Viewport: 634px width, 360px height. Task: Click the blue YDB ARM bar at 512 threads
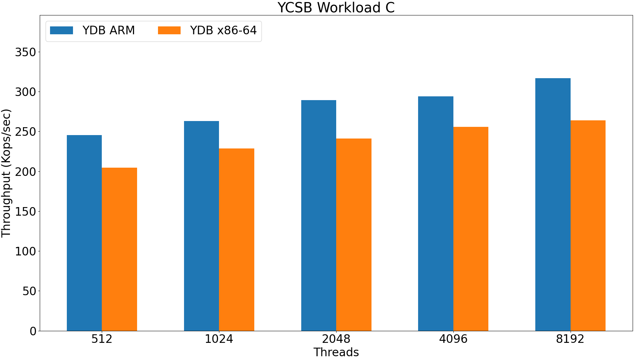(x=84, y=233)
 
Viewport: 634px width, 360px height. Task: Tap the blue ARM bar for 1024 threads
(x=202, y=226)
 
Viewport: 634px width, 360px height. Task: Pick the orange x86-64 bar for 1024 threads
(x=236, y=240)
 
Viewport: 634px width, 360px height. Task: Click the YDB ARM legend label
(x=109, y=31)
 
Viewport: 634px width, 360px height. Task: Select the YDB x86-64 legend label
(x=223, y=31)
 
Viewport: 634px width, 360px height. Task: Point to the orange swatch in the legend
(x=169, y=31)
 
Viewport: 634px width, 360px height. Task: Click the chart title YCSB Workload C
(x=336, y=8)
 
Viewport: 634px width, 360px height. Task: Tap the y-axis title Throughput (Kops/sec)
(x=6, y=173)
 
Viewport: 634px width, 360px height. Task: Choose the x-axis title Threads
(x=336, y=352)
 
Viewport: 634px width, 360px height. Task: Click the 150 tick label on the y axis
(x=25, y=212)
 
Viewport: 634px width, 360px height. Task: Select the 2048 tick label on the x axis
(x=336, y=339)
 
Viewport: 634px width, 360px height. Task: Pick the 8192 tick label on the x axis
(x=570, y=339)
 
